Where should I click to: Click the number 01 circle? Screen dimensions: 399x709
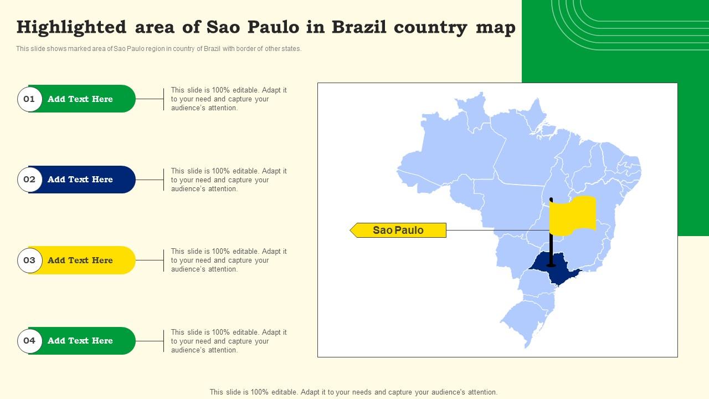(x=29, y=99)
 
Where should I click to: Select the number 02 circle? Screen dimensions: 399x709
(x=29, y=180)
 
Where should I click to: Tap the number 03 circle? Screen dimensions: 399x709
(x=29, y=260)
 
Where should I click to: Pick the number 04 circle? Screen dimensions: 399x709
(x=29, y=341)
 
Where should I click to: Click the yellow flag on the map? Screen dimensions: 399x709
(x=573, y=214)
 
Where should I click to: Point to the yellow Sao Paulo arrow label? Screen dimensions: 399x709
(x=398, y=230)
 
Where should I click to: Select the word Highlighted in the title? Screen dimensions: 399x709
(x=71, y=27)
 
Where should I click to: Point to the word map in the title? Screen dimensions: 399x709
(x=496, y=27)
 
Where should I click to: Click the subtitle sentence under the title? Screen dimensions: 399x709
(x=159, y=49)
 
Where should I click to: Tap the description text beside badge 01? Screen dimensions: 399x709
(x=229, y=99)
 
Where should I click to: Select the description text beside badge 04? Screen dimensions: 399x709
(x=229, y=341)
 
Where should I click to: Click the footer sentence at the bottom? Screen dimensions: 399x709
(x=353, y=392)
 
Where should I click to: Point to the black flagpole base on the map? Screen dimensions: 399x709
(x=551, y=265)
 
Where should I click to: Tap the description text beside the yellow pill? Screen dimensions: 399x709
(x=229, y=260)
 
